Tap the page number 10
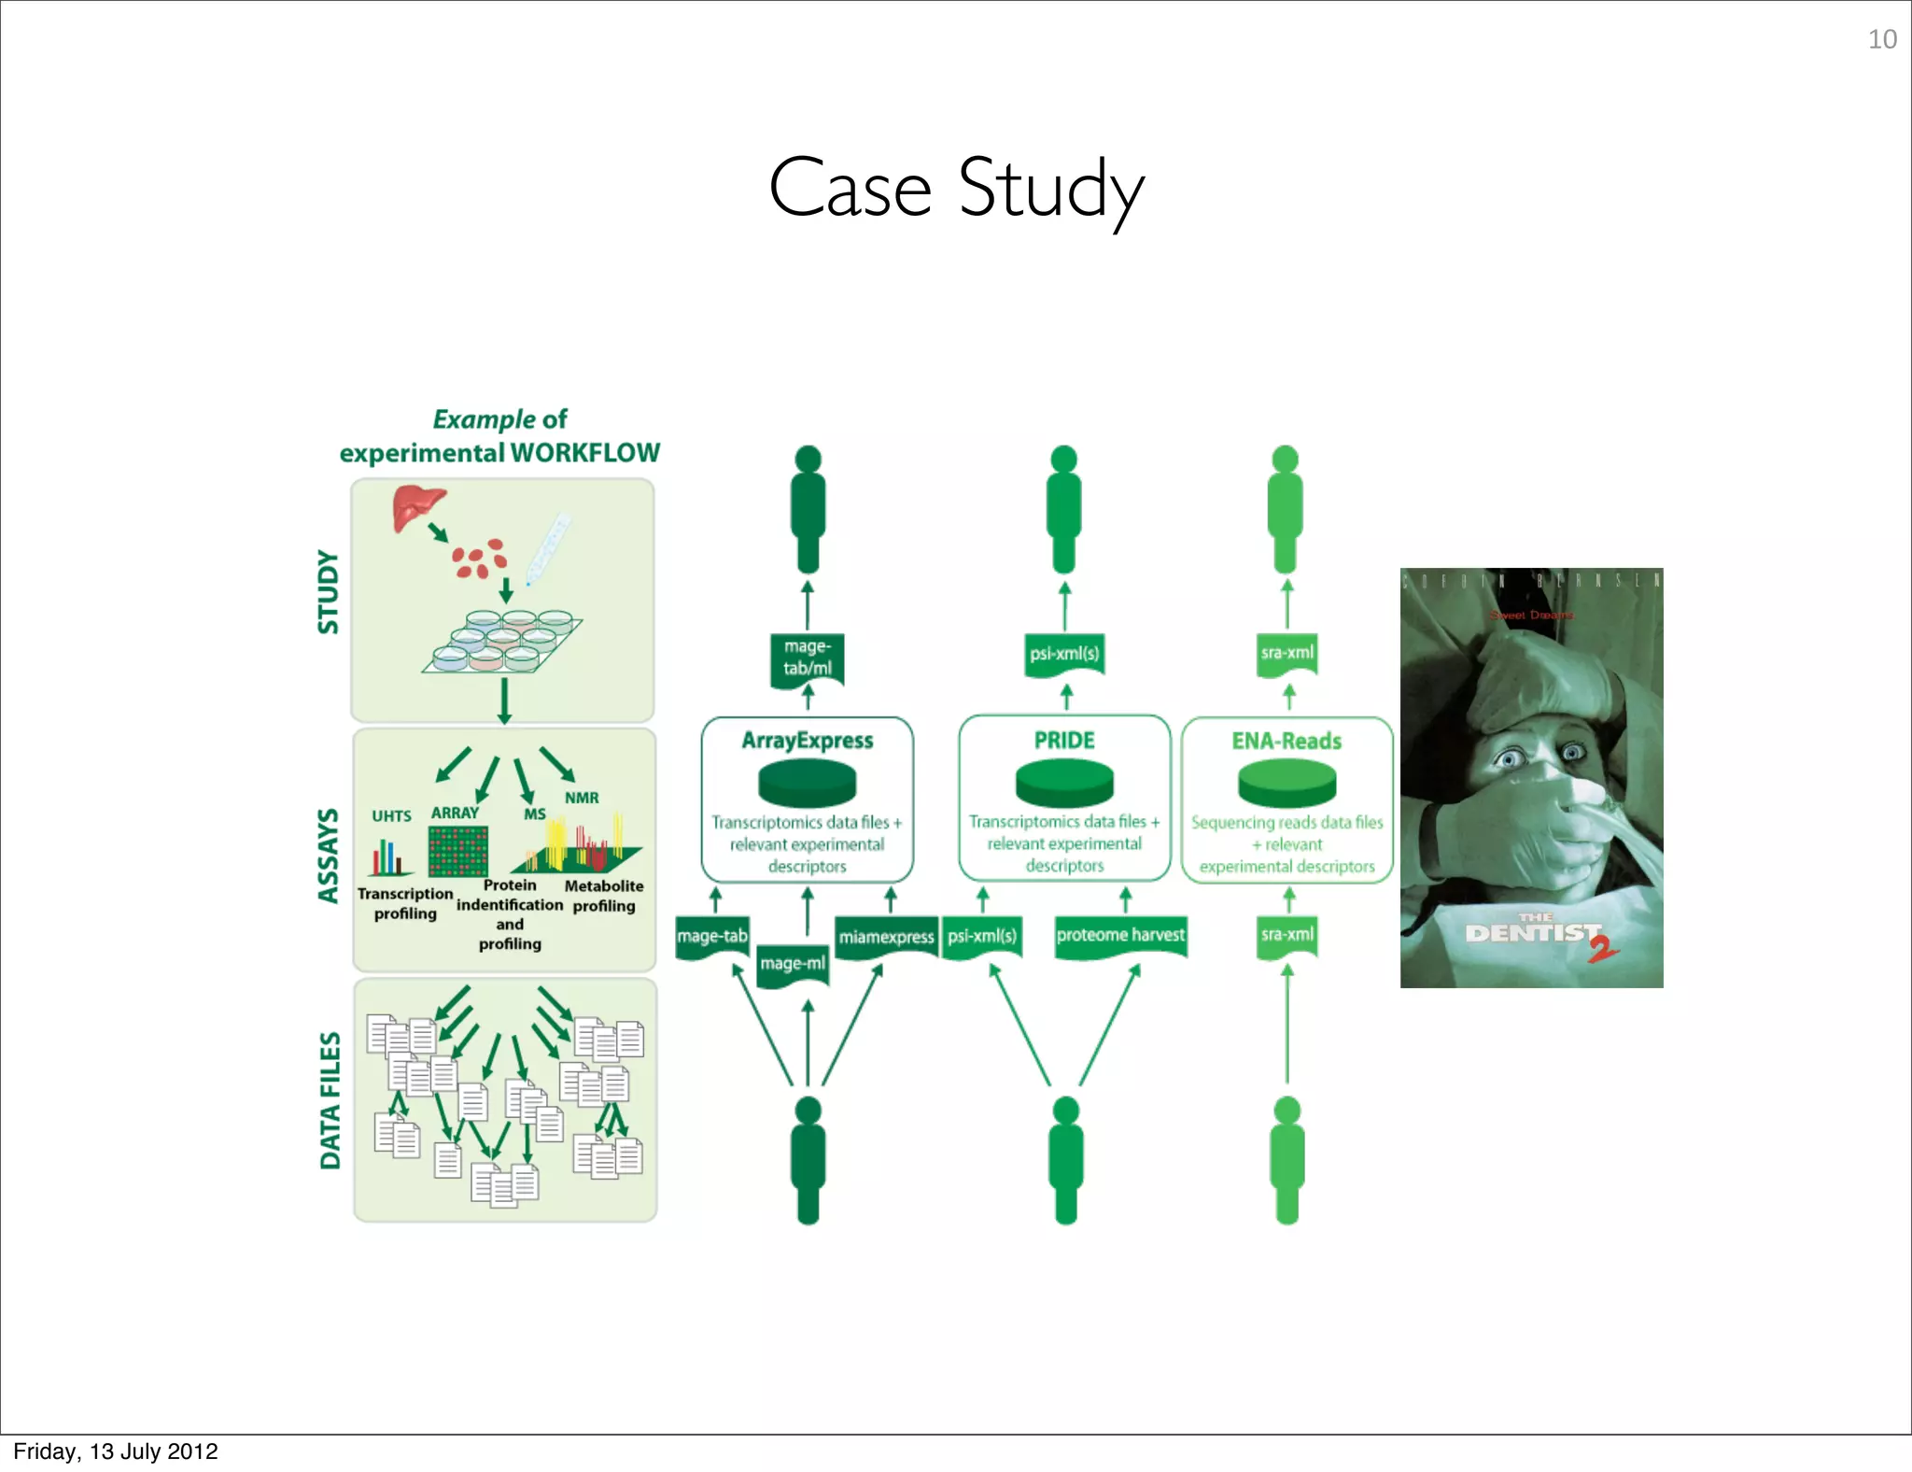click(x=1881, y=39)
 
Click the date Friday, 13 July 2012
click(x=116, y=1451)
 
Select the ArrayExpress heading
click(x=808, y=741)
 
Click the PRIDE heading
click(x=1064, y=741)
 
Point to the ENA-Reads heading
click(x=1286, y=741)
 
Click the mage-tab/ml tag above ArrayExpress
click(x=808, y=658)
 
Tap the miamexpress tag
click(x=886, y=937)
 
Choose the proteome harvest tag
click(x=1120, y=935)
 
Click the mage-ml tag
click(x=793, y=963)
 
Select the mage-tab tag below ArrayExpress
click(x=712, y=936)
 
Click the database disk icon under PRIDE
click(x=1064, y=783)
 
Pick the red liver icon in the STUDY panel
click(x=416, y=505)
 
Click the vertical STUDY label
click(x=328, y=592)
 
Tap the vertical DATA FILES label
click(x=330, y=1100)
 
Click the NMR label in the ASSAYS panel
click(x=582, y=798)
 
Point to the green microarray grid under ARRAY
click(x=457, y=851)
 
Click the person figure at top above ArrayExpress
click(x=808, y=509)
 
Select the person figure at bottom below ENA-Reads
click(x=1286, y=1160)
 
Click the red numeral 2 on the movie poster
click(x=1604, y=948)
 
